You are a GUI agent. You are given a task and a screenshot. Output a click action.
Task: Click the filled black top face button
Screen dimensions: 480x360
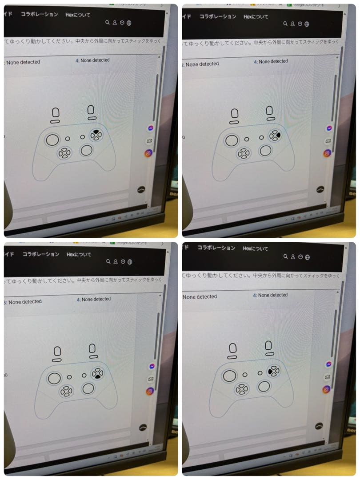tap(96, 131)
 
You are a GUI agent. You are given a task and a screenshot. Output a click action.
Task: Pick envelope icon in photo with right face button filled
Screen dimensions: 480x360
tap(328, 141)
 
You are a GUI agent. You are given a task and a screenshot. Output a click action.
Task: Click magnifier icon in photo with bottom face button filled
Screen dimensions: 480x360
tap(108, 262)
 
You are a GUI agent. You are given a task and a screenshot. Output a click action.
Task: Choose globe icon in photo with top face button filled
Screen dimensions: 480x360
tap(129, 23)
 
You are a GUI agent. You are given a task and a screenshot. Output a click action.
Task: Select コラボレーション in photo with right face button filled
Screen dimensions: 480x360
tap(218, 16)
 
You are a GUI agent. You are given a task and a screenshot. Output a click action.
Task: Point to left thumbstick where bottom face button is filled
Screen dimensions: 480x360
tap(54, 378)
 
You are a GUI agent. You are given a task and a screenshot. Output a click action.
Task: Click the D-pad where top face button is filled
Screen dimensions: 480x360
tap(64, 153)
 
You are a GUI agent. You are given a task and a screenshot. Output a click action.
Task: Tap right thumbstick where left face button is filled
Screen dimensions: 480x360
tap(264, 386)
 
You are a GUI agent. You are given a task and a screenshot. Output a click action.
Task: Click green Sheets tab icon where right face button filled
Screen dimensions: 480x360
tap(289, 4)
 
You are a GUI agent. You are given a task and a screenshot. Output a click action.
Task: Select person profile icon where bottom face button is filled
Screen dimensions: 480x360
tap(115, 262)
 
